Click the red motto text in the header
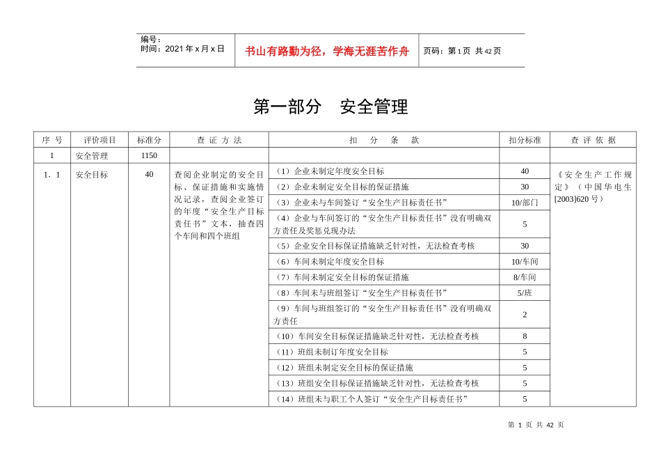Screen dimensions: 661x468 327,51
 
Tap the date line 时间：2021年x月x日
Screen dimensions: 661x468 182,49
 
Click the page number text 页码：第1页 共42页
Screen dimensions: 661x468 462,51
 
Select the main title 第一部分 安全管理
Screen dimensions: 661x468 330,107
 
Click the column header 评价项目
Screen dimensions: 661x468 100,140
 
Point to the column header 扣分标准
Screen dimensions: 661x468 525,140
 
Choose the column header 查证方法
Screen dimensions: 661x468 219,140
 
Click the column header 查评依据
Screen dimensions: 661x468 593,140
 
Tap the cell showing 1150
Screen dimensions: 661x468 150,155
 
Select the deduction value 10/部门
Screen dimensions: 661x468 525,203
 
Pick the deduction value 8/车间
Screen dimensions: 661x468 525,277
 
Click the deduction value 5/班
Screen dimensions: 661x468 525,292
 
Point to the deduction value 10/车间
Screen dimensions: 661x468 525,262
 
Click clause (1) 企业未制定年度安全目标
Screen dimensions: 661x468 329,171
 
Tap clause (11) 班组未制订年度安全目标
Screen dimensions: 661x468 332,352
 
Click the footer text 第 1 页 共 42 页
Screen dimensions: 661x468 536,425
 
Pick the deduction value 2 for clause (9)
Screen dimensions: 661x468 525,314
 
